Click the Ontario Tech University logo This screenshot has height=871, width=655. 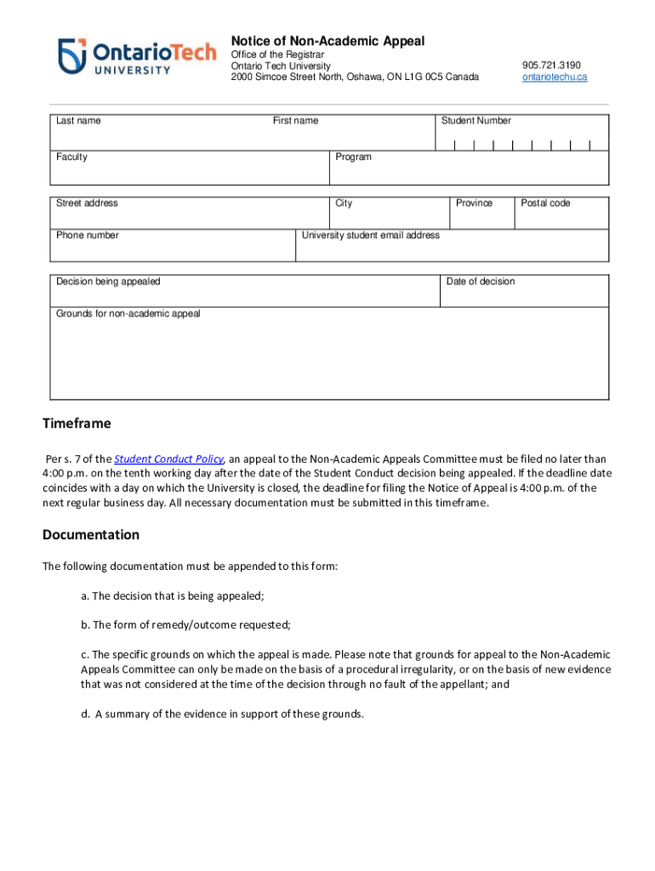[x=137, y=56]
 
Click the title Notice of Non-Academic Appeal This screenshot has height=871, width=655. [x=327, y=41]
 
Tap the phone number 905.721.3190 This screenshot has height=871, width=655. [x=551, y=65]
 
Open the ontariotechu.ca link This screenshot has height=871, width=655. [x=555, y=77]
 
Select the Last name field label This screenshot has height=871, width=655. [x=78, y=121]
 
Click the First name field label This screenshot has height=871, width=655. [x=295, y=121]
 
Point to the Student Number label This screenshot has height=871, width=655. [x=476, y=121]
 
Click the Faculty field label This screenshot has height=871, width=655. [x=71, y=157]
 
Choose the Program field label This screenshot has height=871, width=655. [x=353, y=157]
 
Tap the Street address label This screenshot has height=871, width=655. [x=87, y=203]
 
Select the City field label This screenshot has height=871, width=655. [x=344, y=203]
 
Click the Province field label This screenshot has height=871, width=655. [x=474, y=203]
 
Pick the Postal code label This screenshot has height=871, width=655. [x=545, y=203]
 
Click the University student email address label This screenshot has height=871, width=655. [x=371, y=236]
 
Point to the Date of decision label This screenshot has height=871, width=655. [x=481, y=282]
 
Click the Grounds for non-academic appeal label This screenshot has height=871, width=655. [x=128, y=314]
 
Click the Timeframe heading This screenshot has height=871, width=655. [x=77, y=424]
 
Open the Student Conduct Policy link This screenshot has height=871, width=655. [x=168, y=458]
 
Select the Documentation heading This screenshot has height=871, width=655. [x=91, y=535]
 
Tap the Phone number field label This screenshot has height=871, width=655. [x=88, y=236]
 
